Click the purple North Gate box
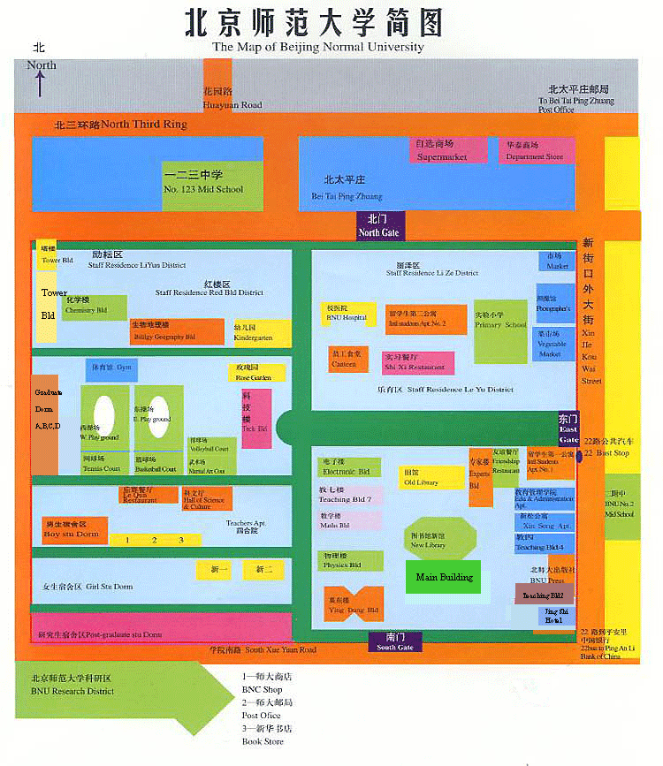click(378, 225)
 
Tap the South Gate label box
click(393, 642)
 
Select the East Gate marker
click(568, 429)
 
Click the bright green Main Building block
click(443, 578)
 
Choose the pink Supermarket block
click(447, 150)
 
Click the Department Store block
click(534, 150)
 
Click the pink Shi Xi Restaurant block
click(418, 362)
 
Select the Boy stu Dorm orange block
click(74, 530)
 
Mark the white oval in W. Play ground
click(103, 416)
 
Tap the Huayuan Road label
click(232, 98)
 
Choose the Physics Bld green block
click(350, 560)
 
